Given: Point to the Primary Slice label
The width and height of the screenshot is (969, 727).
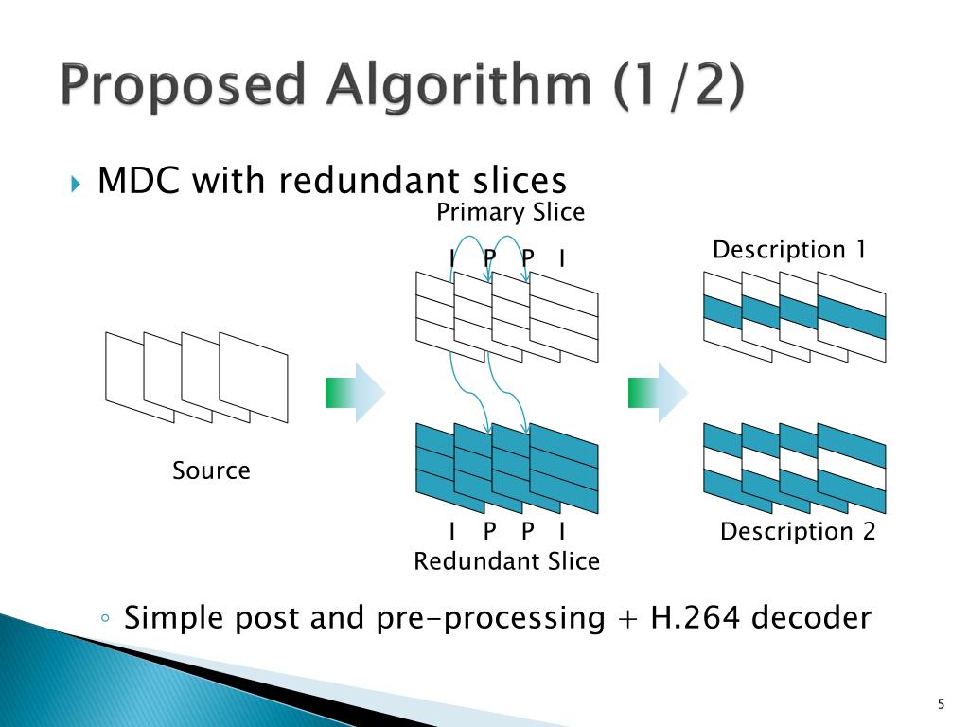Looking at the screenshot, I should pyautogui.click(x=510, y=213).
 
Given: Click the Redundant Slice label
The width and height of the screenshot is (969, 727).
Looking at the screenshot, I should pyautogui.click(x=506, y=561).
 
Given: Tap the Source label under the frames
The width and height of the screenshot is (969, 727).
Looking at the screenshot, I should pyautogui.click(x=211, y=470).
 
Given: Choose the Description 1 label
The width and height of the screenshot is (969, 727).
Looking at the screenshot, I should pyautogui.click(x=789, y=250).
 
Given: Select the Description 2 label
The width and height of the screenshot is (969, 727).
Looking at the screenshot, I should pyautogui.click(x=798, y=532).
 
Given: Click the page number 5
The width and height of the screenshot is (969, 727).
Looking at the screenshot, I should pyautogui.click(x=941, y=702).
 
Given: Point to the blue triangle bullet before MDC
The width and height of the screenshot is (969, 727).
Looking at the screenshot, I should pyautogui.click(x=77, y=182).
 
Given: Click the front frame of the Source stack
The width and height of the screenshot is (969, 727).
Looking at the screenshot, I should pyautogui.click(x=254, y=378).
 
